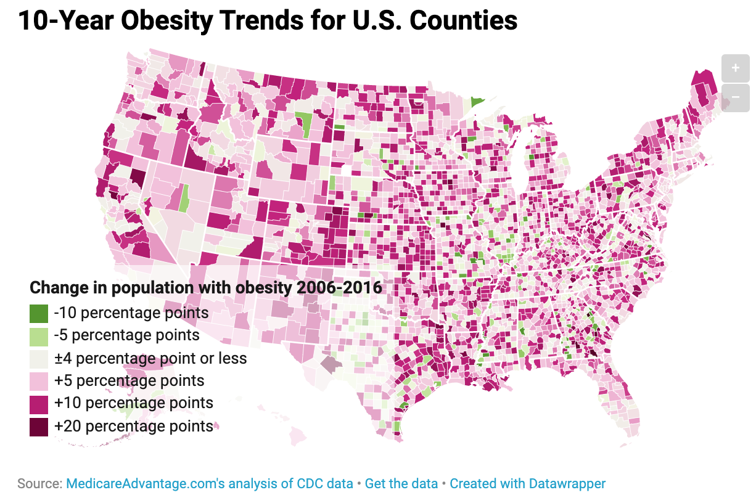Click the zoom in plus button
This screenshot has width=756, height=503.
(735, 68)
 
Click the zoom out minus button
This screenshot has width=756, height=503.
(735, 98)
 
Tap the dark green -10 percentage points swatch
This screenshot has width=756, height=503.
(39, 313)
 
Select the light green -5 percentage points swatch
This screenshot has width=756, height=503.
(39, 335)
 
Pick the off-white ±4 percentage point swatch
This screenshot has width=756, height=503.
(39, 358)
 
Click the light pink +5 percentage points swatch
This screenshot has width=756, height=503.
(39, 381)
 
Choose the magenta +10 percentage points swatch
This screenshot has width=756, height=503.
(39, 404)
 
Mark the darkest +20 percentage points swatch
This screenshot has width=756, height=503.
(39, 427)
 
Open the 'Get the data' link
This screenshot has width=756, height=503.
(401, 483)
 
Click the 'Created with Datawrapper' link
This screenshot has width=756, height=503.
(527, 483)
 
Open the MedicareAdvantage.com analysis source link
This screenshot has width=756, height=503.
(209, 483)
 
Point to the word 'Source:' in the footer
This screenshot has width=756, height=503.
(39, 483)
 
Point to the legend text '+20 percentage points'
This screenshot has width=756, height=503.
(134, 426)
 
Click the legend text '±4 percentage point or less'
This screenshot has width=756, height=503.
(150, 358)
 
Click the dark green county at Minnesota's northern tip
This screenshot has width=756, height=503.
(477, 102)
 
